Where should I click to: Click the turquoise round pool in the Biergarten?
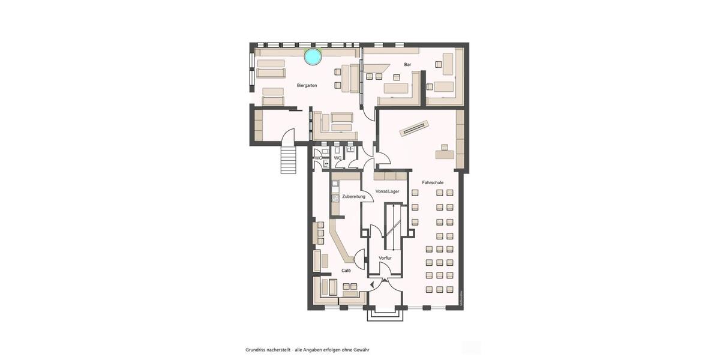tap(313, 56)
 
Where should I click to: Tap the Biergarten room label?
tap(307, 86)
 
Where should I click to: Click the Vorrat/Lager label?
tap(387, 191)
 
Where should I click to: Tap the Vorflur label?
tap(385, 258)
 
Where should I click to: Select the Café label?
tap(346, 271)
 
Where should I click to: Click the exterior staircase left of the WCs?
tap(289, 158)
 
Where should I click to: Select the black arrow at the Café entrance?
tap(373, 284)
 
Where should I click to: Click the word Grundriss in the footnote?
tap(256, 349)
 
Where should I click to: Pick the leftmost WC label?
tap(318, 158)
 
